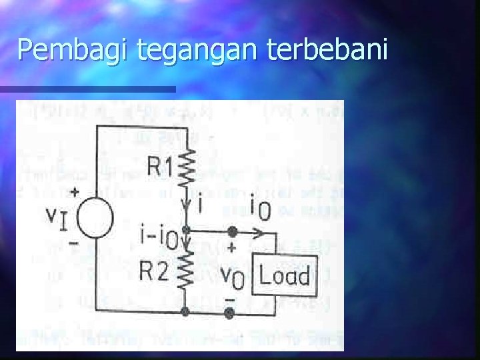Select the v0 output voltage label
[x=233, y=276]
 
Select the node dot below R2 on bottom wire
[x=186, y=312]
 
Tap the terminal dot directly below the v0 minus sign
[x=230, y=312]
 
